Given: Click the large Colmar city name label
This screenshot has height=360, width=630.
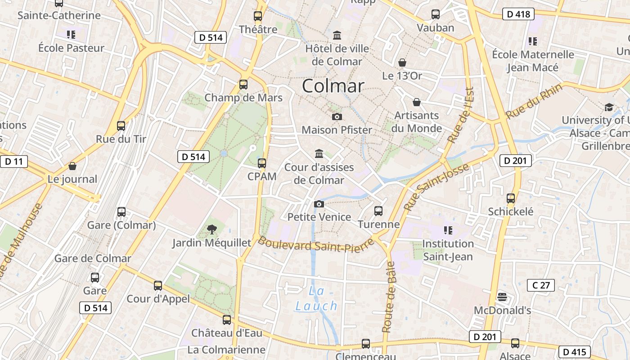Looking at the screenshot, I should click(x=333, y=85).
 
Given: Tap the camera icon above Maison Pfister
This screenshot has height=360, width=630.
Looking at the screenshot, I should click(x=337, y=117).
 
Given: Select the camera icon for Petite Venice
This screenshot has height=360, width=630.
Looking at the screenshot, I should click(x=319, y=204).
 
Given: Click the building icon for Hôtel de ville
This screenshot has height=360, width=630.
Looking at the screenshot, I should click(x=337, y=35).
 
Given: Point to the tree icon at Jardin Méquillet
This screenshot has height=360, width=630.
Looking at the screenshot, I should click(x=211, y=229).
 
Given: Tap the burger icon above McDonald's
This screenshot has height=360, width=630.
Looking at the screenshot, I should click(x=502, y=297).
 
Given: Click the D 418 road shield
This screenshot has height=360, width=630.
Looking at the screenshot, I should click(x=518, y=14).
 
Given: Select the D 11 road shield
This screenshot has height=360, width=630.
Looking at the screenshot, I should click(x=14, y=162).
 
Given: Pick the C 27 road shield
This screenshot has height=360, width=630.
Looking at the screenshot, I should click(x=540, y=285).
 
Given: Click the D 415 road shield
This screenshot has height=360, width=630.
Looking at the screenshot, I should click(x=574, y=351).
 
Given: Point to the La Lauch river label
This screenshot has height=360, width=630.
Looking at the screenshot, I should click(x=316, y=298).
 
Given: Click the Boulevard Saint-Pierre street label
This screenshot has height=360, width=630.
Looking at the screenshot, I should click(x=316, y=245).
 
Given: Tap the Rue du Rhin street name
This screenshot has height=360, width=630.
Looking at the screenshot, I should click(x=534, y=102).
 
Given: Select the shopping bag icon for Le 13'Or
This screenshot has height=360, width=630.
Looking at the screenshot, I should click(x=402, y=63).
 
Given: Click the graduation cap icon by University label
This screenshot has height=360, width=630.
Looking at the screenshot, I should click(x=609, y=107).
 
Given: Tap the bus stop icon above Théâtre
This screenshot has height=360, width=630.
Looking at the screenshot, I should click(x=258, y=16).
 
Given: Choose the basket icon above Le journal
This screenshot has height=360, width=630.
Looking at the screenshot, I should click(x=72, y=166).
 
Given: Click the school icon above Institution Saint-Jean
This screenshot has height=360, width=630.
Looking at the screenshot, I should click(x=448, y=230).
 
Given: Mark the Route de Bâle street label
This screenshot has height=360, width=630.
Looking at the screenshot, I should click(x=388, y=297).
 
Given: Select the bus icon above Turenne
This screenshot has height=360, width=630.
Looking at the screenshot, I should click(x=378, y=211).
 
